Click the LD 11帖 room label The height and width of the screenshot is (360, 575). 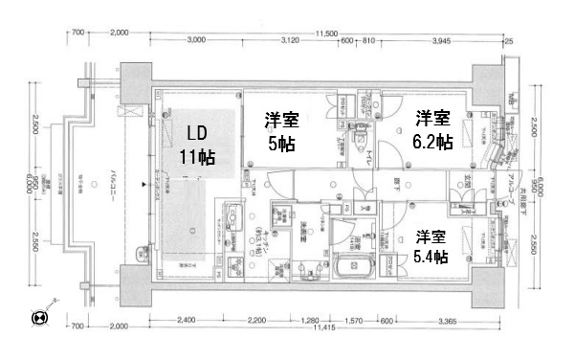coord(193,143)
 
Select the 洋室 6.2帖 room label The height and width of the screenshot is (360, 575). coord(432,129)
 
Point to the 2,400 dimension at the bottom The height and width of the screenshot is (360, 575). coord(187,320)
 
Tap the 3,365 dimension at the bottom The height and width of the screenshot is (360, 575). coord(441,320)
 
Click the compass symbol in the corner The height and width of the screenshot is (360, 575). coord(40,317)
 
